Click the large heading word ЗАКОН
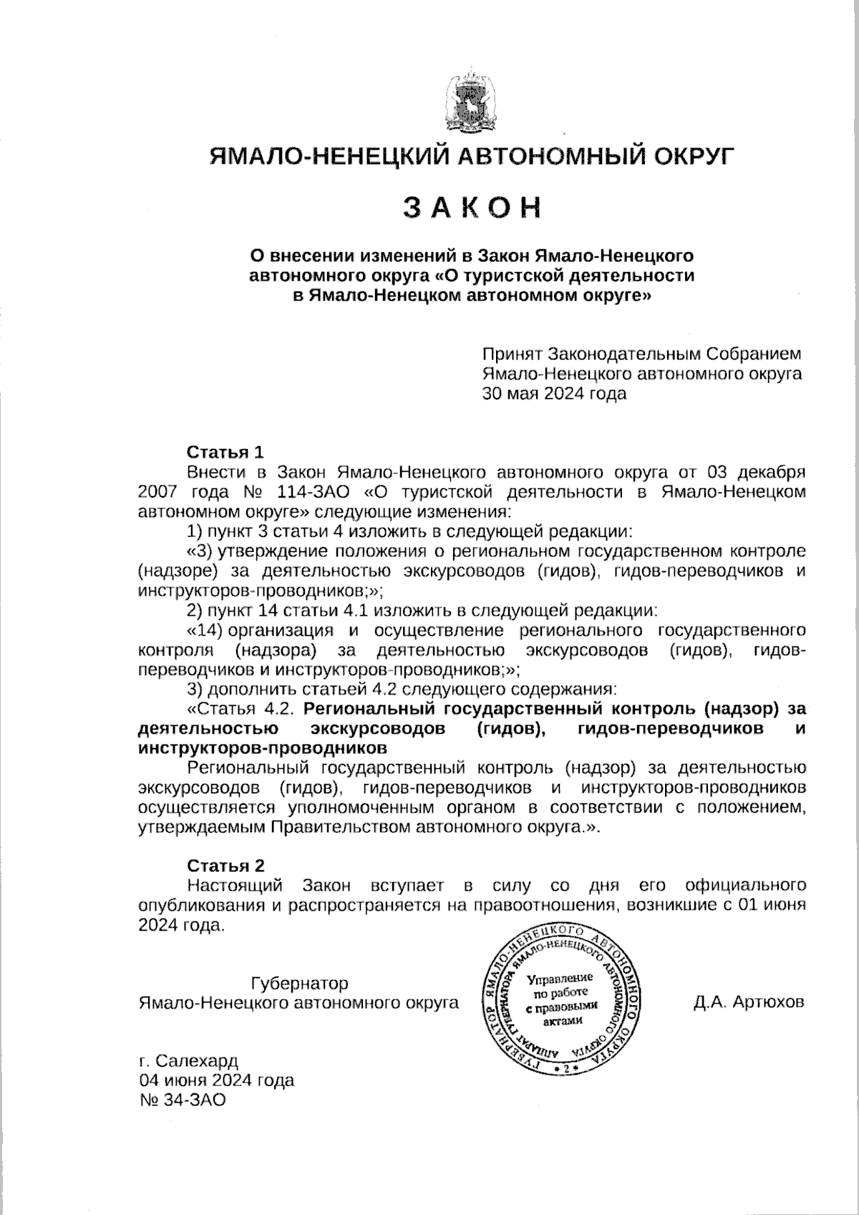pyautogui.click(x=470, y=207)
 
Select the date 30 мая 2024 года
pyautogui.click(x=554, y=393)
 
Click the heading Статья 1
pyautogui.click(x=225, y=452)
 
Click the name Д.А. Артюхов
pyautogui.click(x=748, y=1002)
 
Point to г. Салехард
pyautogui.click(x=188, y=1060)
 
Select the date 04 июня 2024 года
pyautogui.click(x=216, y=1080)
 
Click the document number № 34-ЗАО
pyautogui.click(x=183, y=1100)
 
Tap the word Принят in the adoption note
pyautogui.click(x=511, y=354)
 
